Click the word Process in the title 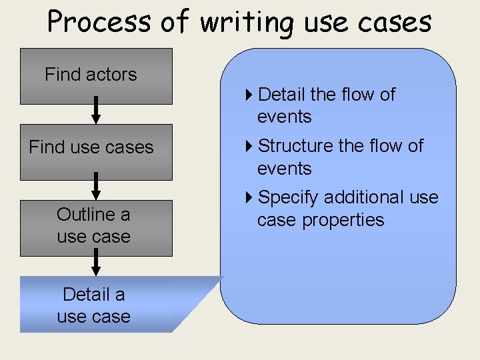(99, 22)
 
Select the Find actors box (96, 76)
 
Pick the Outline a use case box (96, 227)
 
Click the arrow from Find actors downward (96, 110)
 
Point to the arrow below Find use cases (96, 186)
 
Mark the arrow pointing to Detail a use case (96, 262)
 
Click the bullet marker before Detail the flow (249, 95)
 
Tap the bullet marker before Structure (249, 145)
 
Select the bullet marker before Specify (249, 197)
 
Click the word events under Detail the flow (285, 117)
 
